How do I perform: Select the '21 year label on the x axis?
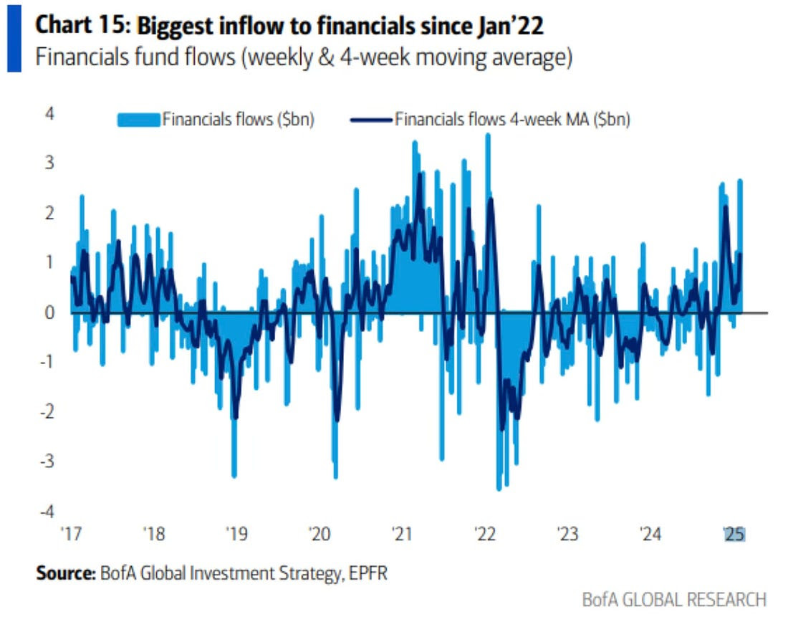coord(402,535)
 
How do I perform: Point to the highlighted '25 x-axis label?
coord(734,535)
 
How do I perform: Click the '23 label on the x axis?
coord(567,535)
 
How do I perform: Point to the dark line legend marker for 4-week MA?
coord(371,120)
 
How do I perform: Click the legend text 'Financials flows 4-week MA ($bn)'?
coord(512,120)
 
